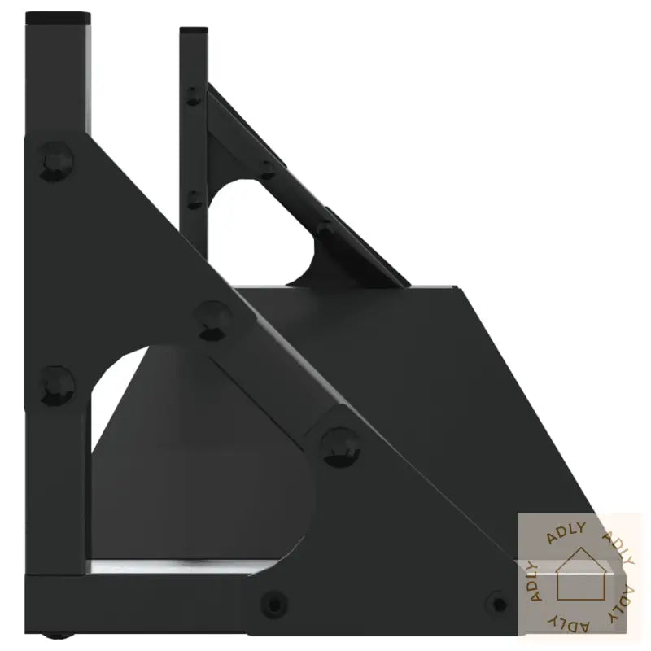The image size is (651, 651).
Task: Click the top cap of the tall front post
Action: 57,17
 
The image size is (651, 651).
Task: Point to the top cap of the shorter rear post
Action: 194,32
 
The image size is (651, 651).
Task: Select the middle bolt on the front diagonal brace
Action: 213,318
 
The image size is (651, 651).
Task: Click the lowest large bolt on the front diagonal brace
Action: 340,445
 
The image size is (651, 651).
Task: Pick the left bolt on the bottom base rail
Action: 274,604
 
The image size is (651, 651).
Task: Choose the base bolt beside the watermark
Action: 497,604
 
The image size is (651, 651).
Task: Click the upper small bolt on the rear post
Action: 193,95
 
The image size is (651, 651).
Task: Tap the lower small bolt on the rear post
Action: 194,199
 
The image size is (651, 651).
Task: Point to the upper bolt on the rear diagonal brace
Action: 267,170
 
